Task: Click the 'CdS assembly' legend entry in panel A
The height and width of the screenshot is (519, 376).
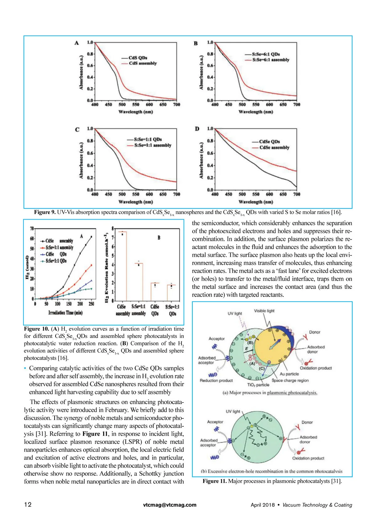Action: click(x=143, y=63)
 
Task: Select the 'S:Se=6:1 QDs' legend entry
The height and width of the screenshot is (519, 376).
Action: click(x=266, y=54)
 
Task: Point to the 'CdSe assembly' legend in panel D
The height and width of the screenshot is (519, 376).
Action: click(x=274, y=148)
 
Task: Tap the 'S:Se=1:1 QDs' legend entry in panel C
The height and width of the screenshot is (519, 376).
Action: click(x=148, y=139)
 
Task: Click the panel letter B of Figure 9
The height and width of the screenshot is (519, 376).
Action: click(x=196, y=43)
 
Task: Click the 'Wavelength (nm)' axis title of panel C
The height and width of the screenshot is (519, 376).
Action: click(x=136, y=202)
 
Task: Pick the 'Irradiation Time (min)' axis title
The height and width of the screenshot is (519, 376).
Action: click(x=65, y=313)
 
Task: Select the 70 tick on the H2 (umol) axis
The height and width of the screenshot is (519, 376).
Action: click(x=32, y=229)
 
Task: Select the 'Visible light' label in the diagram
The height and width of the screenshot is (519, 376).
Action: click(x=264, y=311)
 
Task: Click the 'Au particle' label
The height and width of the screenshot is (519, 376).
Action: click(x=289, y=374)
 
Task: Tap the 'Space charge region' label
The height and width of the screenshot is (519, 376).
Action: click(x=290, y=380)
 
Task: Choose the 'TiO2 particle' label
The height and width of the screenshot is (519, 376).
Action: click(x=258, y=385)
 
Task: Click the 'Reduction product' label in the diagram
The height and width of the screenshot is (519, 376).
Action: click(x=216, y=381)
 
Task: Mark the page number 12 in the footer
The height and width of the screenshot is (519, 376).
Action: click(x=28, y=505)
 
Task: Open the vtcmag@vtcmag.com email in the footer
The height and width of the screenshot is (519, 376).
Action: click(x=170, y=505)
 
